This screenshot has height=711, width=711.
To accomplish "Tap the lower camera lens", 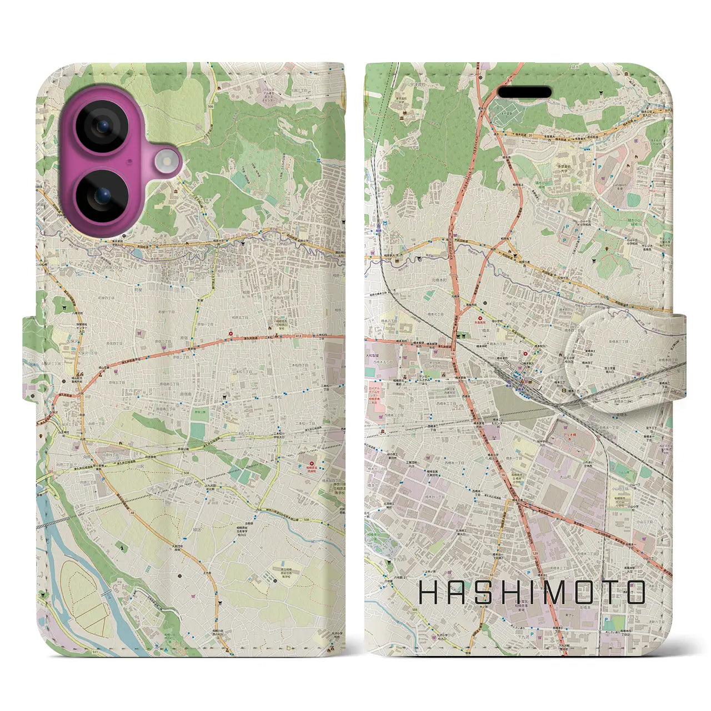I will pos(102,196).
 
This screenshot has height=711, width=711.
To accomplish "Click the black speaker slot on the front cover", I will pos(524,92).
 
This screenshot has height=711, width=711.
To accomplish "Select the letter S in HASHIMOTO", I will pos(482,593).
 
